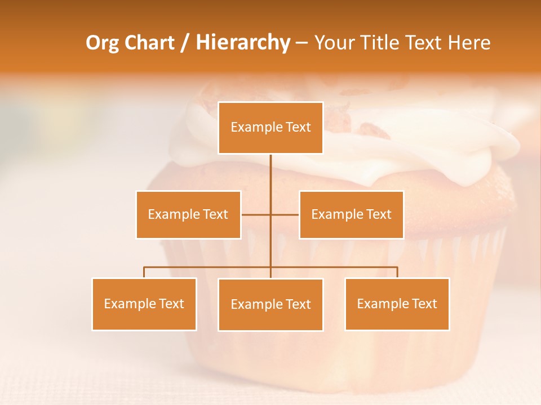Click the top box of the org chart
click(x=270, y=128)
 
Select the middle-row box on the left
click(x=188, y=214)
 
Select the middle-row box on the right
click(x=351, y=214)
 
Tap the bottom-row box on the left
click(x=144, y=304)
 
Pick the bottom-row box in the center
click(x=270, y=304)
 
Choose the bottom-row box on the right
click(x=397, y=304)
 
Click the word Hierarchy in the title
click(x=243, y=43)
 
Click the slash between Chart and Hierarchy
click(x=184, y=43)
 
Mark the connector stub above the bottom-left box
click(x=144, y=272)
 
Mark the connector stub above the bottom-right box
click(x=397, y=272)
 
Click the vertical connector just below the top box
click(x=270, y=169)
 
